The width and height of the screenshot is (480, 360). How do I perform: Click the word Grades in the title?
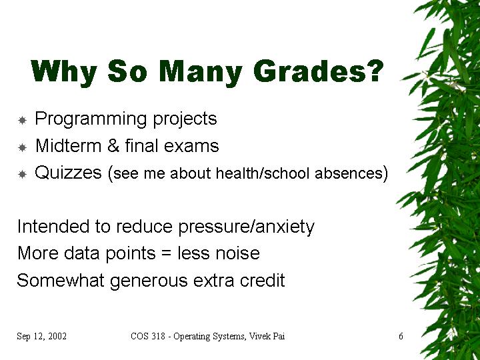pos(309,71)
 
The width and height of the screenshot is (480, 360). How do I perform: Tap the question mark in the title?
pos(375,71)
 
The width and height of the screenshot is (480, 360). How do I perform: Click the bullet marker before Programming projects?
pos(23,120)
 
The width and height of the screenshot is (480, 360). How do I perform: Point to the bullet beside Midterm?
pos(23,147)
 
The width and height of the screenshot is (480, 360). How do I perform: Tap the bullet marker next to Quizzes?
pos(23,175)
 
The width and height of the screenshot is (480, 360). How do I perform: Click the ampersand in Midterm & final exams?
pos(113,146)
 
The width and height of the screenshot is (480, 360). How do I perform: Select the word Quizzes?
pos(68,173)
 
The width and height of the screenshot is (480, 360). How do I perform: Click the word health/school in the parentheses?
pos(263,173)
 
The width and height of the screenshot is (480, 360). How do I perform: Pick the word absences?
pos(349,173)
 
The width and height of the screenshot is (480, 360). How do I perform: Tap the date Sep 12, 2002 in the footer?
pos(41,336)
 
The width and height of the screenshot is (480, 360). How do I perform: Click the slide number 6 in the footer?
pos(401,336)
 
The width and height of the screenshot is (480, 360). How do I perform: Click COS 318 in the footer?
pos(148,336)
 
